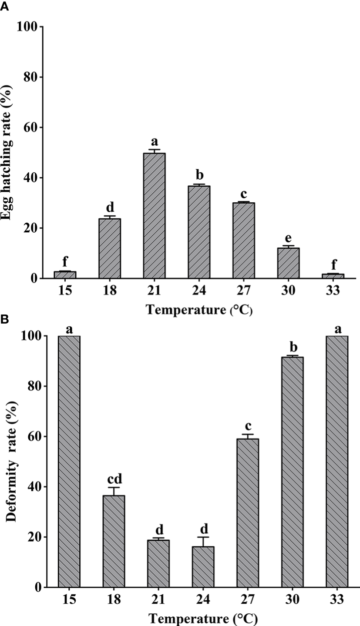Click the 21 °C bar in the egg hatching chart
tap(154, 216)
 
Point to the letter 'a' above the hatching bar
tap(154, 141)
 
